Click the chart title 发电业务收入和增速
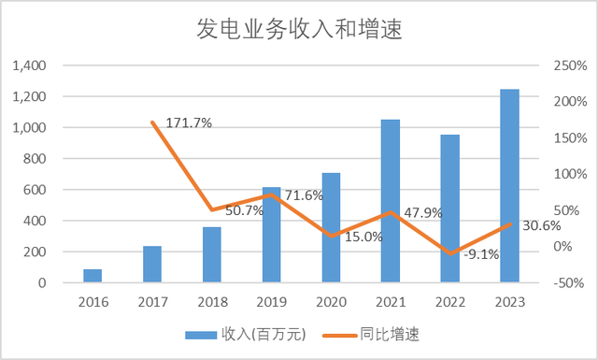298,29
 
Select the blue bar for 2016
93,276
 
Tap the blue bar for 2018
212,254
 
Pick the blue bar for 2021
391,201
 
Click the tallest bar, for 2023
510,186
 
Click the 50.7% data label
245,210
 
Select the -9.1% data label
482,253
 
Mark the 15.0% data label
363,237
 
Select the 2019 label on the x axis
272,301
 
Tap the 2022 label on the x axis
450,301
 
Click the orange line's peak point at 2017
152,122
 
